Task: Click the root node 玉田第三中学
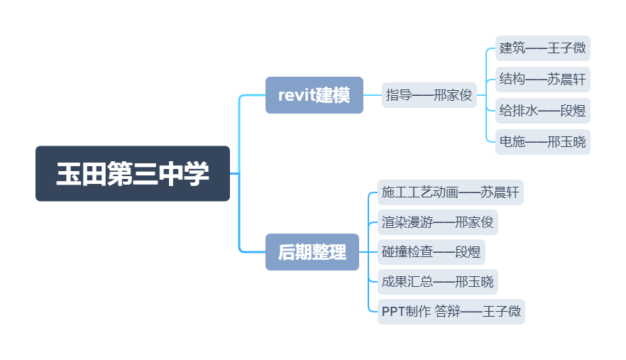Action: tap(133, 174)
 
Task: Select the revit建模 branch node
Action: tap(314, 95)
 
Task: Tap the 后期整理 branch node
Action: tap(312, 252)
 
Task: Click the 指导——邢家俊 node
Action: tap(429, 95)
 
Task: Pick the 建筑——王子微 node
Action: tap(543, 48)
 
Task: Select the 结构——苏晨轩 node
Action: tap(543, 80)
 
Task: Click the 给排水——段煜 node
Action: tap(543, 111)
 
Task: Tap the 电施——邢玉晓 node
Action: tap(543, 142)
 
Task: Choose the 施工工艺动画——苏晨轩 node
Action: tap(451, 192)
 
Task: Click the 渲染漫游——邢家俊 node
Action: tap(437, 222)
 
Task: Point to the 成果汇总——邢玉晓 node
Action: tap(437, 282)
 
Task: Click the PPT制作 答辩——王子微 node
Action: tap(451, 312)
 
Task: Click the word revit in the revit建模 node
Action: tap(296, 95)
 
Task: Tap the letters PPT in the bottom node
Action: tap(392, 312)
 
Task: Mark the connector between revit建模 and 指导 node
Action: tap(373, 95)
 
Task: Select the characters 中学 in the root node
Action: tap(183, 174)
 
